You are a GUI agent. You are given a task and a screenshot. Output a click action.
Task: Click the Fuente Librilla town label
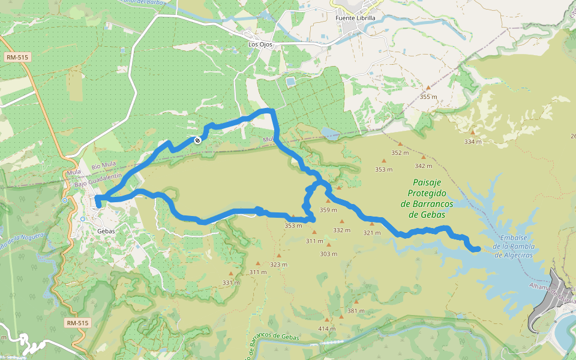(x=355, y=18)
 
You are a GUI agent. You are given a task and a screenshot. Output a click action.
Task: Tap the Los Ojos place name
(x=260, y=44)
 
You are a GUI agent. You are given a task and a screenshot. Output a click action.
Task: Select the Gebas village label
(x=105, y=231)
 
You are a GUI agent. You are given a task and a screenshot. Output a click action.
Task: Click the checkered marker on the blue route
(x=197, y=140)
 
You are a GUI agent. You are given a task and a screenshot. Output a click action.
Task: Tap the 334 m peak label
(x=473, y=142)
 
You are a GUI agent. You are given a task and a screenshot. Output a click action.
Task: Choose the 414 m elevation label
(x=327, y=329)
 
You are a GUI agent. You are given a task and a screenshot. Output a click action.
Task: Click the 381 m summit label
(x=356, y=311)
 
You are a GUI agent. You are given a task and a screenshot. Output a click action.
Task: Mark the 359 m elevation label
(x=329, y=210)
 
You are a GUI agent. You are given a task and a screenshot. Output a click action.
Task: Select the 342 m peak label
(x=423, y=166)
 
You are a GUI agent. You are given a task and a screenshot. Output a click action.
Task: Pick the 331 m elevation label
(x=231, y=283)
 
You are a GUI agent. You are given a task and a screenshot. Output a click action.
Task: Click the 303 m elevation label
(x=328, y=254)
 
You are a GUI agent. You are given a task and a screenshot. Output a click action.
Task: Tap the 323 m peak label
(x=278, y=265)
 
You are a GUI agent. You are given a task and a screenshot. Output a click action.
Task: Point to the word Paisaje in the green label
(x=427, y=182)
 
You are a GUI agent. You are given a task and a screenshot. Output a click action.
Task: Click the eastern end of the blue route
(x=477, y=249)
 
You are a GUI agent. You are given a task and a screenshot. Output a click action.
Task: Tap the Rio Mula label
(x=103, y=166)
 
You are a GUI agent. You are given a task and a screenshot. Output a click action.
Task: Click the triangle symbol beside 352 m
(x=400, y=144)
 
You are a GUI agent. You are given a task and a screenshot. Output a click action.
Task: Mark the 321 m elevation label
(x=372, y=233)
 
